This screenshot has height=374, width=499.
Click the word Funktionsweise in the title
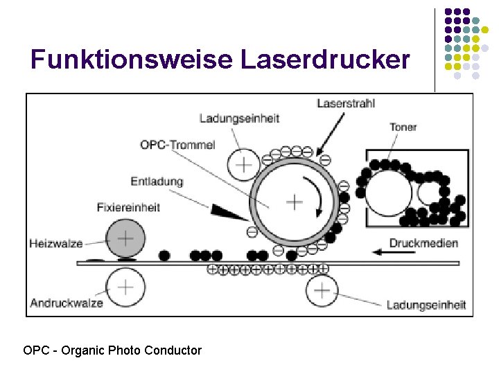coord(132,60)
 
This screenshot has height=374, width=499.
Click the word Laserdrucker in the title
coord(326,60)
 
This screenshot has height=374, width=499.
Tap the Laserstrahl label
coord(346,103)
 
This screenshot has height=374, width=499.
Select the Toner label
coord(403,127)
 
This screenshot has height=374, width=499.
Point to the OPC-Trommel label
coord(177,145)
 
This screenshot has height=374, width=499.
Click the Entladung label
coord(157,181)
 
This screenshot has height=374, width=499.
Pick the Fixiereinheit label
coord(128,206)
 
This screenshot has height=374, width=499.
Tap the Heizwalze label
coord(56,243)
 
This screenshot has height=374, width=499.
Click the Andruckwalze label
coord(67,303)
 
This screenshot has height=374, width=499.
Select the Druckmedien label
coord(424,242)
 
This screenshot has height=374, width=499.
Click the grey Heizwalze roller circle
coord(125,239)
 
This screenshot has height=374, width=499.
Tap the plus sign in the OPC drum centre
coord(295,202)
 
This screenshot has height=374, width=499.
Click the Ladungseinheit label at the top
coord(239,118)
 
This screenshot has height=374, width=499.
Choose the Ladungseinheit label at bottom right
coord(426,305)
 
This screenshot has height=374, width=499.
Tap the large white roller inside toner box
coord(389,193)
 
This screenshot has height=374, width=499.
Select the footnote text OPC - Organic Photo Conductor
coord(112,350)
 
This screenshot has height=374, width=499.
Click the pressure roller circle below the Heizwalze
coord(125,287)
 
